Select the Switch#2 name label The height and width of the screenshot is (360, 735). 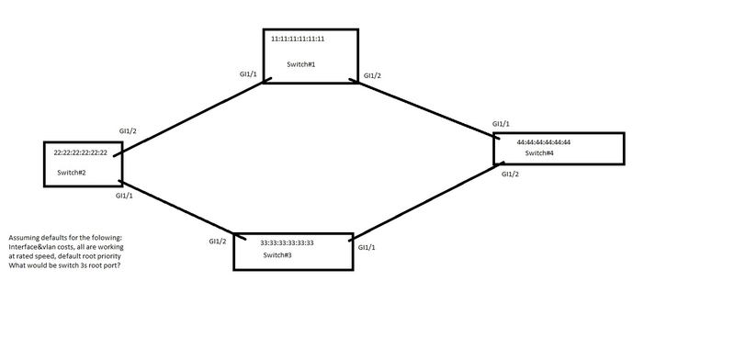(72, 173)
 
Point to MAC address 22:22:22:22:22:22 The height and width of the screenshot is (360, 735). (80, 152)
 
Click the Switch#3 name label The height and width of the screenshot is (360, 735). (277, 255)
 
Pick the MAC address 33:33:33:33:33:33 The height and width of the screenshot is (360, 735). (288, 242)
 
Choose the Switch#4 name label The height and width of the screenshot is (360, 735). (538, 153)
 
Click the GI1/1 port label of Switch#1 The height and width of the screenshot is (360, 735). (248, 75)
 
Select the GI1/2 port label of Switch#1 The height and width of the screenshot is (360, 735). (372, 75)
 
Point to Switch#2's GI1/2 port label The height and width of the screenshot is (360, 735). (128, 131)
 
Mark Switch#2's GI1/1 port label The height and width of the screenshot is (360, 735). (124, 196)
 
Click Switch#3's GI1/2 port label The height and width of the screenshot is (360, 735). (218, 242)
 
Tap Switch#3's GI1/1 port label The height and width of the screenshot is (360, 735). (365, 248)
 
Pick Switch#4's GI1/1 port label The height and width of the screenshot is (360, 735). (501, 123)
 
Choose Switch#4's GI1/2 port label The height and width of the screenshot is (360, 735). (511, 174)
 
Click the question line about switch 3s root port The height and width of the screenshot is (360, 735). (63, 265)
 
